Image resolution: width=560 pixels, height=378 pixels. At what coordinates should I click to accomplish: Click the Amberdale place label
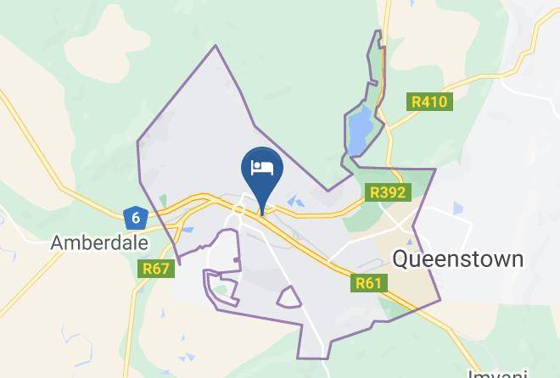click(x=99, y=242)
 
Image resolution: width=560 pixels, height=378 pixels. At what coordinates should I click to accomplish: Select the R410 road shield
click(x=429, y=102)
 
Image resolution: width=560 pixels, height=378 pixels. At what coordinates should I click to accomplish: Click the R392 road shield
click(x=389, y=192)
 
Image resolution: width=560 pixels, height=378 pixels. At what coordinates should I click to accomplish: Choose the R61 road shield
click(x=368, y=283)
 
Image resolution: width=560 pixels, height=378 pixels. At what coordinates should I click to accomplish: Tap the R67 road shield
click(x=156, y=270)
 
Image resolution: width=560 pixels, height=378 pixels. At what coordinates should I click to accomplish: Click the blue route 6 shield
click(x=135, y=218)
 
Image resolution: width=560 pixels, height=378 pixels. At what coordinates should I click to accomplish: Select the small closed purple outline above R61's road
click(x=288, y=297)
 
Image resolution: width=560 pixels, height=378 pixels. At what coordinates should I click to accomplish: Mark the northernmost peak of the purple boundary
click(x=216, y=46)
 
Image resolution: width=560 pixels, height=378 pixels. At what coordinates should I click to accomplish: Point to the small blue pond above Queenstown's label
click(x=458, y=208)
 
